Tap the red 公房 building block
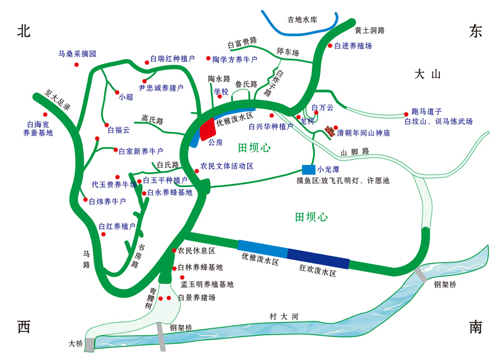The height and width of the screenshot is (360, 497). pos(206,129)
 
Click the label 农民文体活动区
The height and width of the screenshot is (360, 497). pos(227,167)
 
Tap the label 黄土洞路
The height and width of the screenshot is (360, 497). pos(370,30)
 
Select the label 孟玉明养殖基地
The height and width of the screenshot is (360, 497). pos(207,284)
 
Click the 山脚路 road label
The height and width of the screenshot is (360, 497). pos(355,151)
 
